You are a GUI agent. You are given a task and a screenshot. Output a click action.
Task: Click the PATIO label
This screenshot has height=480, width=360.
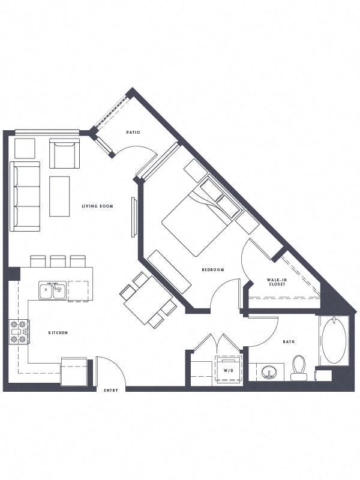click(133, 132)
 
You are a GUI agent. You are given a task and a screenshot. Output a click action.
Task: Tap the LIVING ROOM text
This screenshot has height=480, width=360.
click(97, 206)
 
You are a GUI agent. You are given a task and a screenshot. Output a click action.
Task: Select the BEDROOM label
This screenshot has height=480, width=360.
click(213, 269)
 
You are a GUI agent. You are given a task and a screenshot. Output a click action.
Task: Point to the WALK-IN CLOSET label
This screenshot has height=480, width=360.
click(276, 282)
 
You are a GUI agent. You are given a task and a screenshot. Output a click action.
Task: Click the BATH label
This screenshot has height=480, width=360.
click(289, 341)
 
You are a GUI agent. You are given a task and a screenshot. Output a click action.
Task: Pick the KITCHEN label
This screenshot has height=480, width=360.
click(58, 332)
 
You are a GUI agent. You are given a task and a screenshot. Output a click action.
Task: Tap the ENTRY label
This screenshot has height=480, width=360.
click(111, 391)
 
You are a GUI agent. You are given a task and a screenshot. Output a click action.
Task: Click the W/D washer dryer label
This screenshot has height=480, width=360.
click(229, 370)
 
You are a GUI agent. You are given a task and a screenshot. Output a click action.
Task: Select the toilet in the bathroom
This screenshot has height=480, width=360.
click(299, 368)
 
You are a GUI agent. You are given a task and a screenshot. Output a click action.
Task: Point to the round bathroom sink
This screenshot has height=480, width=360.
click(269, 372)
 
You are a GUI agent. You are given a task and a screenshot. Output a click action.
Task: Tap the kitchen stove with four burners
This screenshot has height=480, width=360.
click(19, 332)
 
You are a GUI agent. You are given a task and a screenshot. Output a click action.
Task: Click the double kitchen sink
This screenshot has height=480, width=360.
click(52, 290)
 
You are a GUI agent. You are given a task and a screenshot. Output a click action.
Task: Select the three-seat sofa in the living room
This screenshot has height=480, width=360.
click(25, 196)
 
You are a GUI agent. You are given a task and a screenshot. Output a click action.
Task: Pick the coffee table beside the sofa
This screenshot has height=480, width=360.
click(59, 196)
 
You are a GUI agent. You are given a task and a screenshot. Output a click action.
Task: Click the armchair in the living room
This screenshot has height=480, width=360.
click(64, 154)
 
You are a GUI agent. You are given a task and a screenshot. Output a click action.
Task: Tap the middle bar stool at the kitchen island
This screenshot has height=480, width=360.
click(58, 261)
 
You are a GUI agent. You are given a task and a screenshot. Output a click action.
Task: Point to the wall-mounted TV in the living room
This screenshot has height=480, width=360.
click(133, 217)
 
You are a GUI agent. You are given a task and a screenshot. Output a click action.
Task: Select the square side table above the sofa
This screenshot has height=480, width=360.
click(25, 148)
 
